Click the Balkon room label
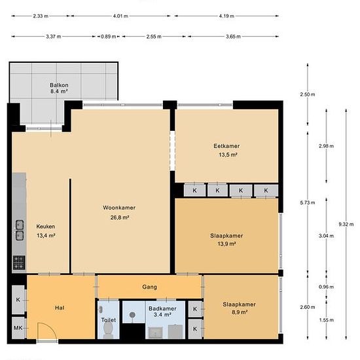[x=59, y=88]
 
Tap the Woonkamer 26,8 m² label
[x=119, y=212]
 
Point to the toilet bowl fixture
[x=107, y=329]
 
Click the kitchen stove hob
[x=19, y=262]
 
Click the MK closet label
[x=18, y=328]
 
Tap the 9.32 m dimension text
[x=346, y=225]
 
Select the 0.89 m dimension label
[x=109, y=37]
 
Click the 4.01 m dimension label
[x=120, y=16]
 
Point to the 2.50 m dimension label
[x=308, y=94]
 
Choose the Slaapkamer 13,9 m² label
[x=226, y=240]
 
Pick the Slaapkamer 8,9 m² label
[x=239, y=308]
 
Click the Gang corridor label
[x=149, y=287]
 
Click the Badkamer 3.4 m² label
[x=162, y=312]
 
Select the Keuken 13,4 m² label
[x=46, y=231]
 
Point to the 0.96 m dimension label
[x=326, y=287]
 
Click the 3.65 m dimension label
[x=233, y=37]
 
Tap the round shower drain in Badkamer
[x=132, y=315]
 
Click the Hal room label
[x=60, y=308]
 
